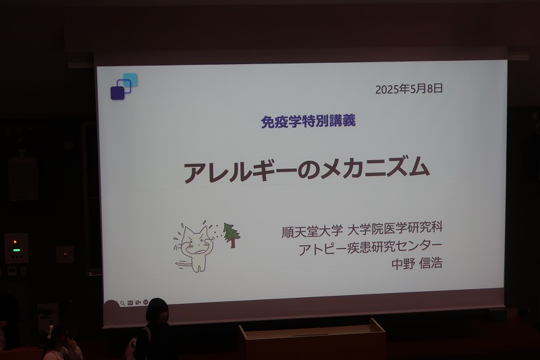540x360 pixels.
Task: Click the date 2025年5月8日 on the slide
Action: click(409, 89)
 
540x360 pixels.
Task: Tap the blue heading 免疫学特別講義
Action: click(308, 122)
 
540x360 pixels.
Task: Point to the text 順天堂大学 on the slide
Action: click(312, 231)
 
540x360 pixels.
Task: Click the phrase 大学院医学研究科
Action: click(395, 229)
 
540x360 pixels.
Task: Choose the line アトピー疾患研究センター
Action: click(370, 247)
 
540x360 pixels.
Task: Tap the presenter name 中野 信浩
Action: click(417, 263)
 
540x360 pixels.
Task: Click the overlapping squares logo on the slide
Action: click(124, 86)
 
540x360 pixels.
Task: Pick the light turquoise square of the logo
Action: click(131, 79)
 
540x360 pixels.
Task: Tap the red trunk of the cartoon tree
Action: click(233, 243)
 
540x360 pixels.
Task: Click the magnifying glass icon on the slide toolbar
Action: click(123, 303)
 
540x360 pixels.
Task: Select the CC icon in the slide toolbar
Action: click(130, 303)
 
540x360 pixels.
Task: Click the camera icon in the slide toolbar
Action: click(138, 303)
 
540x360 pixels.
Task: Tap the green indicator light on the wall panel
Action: click(16, 249)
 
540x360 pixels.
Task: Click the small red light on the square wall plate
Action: click(65, 254)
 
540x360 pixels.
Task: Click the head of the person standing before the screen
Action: click(158, 311)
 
